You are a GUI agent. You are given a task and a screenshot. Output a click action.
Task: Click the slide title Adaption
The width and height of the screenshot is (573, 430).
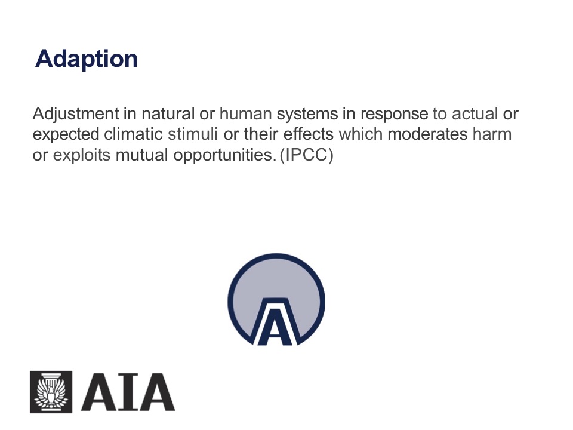[x=86, y=59]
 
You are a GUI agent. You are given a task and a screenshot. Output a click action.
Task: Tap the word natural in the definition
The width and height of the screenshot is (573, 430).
[x=168, y=113]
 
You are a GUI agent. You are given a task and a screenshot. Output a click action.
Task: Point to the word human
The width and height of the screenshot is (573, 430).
[x=245, y=113]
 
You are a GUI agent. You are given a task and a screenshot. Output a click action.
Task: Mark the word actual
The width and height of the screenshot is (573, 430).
[x=475, y=113]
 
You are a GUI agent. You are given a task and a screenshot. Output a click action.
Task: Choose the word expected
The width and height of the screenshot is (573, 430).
[x=66, y=135]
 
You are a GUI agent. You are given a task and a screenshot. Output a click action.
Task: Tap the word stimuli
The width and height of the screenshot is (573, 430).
[x=193, y=134]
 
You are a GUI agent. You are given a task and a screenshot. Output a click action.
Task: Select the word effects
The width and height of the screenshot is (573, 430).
[x=309, y=134]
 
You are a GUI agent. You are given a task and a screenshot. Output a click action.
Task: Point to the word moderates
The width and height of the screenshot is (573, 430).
[x=427, y=134]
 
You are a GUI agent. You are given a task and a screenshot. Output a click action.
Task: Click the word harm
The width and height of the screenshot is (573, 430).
[x=492, y=134]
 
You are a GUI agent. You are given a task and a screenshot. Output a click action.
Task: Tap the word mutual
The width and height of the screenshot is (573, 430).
[x=142, y=155]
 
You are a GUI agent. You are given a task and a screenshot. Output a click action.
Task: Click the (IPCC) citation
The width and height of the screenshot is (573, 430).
[x=307, y=155]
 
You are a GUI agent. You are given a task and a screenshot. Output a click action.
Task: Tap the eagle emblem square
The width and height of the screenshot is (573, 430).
[x=51, y=392]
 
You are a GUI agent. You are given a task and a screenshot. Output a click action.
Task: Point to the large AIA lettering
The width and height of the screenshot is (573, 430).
[x=128, y=392]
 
